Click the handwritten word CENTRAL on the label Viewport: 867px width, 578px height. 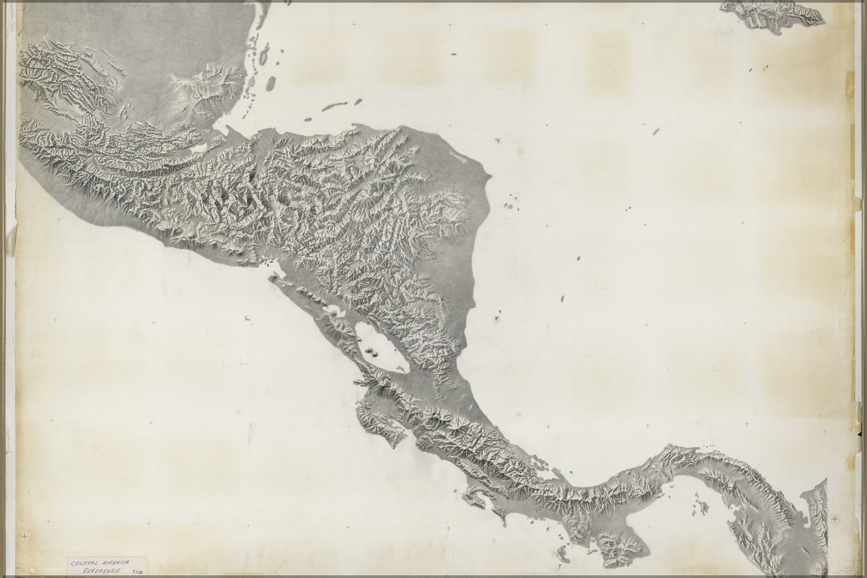point(86,561)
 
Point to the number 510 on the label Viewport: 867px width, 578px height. point(138,572)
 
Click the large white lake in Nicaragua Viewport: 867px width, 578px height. point(376,347)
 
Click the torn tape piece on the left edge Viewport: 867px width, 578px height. point(12,237)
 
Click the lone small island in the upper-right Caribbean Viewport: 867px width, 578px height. point(655,131)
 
